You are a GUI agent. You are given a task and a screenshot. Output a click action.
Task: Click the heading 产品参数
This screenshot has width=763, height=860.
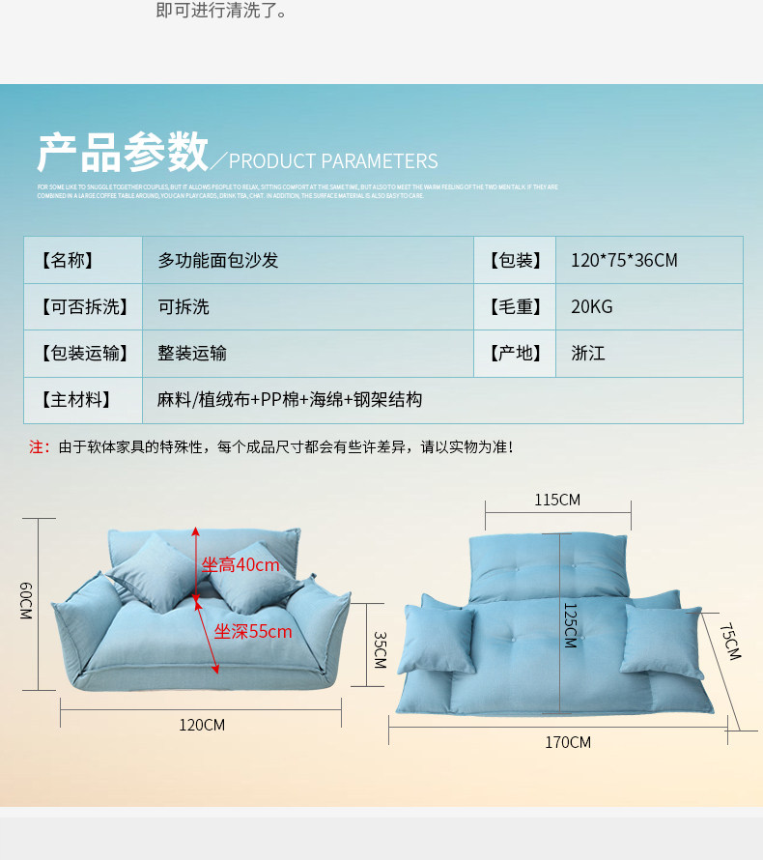click(x=123, y=153)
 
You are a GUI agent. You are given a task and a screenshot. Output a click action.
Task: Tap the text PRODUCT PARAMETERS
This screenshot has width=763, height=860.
click(x=333, y=161)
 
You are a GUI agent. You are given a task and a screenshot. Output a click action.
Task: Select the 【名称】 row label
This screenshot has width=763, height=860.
click(x=67, y=260)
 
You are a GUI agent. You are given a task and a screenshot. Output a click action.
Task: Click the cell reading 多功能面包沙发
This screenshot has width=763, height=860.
click(x=218, y=260)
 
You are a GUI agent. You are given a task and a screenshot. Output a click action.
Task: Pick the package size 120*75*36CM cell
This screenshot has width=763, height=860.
click(x=624, y=260)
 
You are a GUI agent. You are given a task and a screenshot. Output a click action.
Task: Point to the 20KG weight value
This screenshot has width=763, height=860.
click(x=591, y=307)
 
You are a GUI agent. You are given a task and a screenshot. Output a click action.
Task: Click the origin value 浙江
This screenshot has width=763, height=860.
click(x=587, y=354)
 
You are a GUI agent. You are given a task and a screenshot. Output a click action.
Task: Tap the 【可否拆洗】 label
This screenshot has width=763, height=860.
click(x=83, y=307)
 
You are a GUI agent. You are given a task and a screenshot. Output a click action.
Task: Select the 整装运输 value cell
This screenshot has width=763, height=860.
click(x=192, y=354)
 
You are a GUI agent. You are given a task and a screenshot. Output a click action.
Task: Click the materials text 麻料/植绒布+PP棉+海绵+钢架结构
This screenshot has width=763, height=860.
click(x=290, y=400)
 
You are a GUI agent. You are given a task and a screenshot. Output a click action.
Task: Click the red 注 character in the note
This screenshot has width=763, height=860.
click(x=38, y=447)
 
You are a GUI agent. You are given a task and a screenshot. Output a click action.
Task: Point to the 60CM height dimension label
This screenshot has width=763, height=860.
click(x=26, y=601)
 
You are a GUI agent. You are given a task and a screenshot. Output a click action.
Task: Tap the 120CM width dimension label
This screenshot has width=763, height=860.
click(x=201, y=725)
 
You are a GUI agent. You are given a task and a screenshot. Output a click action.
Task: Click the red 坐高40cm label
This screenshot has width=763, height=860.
click(x=240, y=565)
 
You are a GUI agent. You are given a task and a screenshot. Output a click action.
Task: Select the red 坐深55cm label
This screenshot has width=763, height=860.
click(x=253, y=632)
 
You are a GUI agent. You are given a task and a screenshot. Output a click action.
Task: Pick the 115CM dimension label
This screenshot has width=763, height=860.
click(x=557, y=500)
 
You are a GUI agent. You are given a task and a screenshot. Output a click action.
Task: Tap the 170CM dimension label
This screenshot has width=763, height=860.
click(x=567, y=742)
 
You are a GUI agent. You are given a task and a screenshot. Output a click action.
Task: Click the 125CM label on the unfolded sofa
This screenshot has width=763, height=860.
click(x=569, y=624)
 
